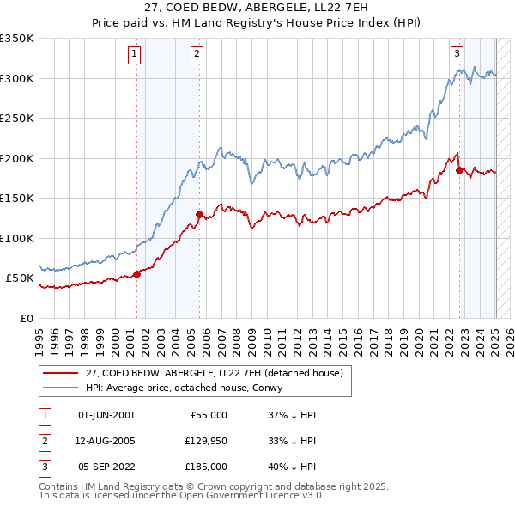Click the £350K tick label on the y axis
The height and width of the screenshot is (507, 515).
pyautogui.click(x=17, y=39)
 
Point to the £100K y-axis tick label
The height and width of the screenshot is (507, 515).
pyautogui.click(x=17, y=238)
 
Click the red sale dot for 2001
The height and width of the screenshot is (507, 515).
pyautogui.click(x=136, y=274)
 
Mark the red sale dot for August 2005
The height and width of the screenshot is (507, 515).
pyautogui.click(x=199, y=214)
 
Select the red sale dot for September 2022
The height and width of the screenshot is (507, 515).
pyautogui.click(x=459, y=170)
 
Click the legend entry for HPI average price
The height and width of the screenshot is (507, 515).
pyautogui.click(x=189, y=388)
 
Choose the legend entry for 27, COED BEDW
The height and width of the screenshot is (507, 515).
pyautogui.click(x=214, y=373)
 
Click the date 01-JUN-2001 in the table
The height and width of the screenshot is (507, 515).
pyautogui.click(x=106, y=415)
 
